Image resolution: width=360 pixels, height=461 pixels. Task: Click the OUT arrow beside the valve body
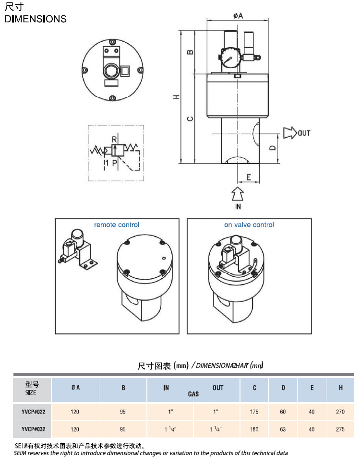point(290,133)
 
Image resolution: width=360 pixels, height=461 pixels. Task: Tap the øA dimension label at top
point(238,16)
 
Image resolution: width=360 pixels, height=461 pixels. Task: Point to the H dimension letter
point(177,96)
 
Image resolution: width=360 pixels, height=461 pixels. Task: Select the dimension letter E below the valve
point(249,177)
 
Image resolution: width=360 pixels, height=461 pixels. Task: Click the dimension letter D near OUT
point(272,148)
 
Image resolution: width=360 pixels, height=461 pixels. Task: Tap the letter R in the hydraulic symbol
point(114,139)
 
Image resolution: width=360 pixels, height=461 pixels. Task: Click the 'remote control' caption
point(117,225)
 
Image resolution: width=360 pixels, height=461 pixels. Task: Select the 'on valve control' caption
point(249,225)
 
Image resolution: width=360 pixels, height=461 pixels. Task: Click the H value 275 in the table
point(341,429)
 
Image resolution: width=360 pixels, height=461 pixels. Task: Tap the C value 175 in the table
point(254,411)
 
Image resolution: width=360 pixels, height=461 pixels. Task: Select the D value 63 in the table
point(283,429)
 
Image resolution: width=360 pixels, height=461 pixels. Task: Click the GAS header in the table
point(193,394)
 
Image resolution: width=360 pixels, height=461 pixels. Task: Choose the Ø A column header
point(75,388)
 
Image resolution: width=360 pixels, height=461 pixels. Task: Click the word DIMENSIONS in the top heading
point(36,19)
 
